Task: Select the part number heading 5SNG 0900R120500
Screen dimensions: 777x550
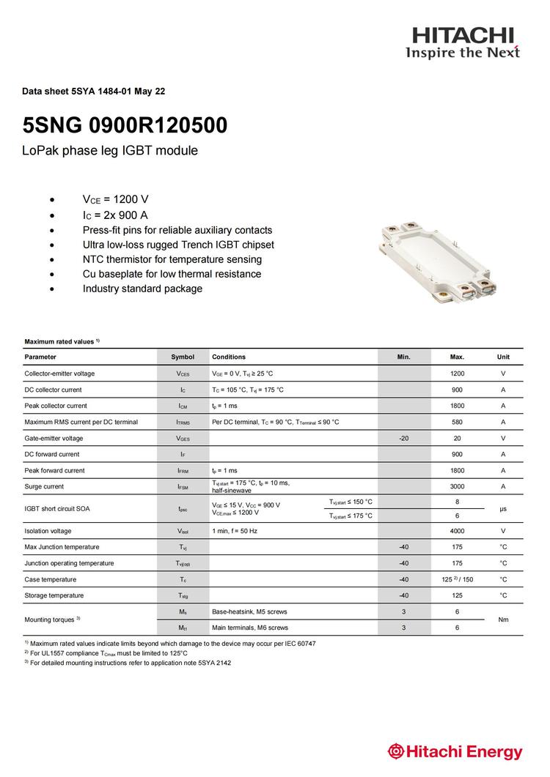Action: pos(125,125)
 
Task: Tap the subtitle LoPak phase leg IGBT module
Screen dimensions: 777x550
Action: pos(111,151)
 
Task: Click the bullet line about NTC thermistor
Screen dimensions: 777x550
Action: pos(172,259)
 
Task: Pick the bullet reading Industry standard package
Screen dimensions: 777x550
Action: pos(142,289)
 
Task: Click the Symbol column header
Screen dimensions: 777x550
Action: pos(183,357)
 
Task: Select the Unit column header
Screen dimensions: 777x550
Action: pos(503,357)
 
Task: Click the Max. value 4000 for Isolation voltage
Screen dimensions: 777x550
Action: pos(457,531)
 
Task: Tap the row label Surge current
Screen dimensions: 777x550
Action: pos(44,486)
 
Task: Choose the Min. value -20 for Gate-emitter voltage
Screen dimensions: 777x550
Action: pos(403,438)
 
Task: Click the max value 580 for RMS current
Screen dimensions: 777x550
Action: pos(457,422)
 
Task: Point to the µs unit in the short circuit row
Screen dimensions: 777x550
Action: pos(503,508)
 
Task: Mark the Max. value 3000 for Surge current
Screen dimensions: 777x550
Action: pos(457,486)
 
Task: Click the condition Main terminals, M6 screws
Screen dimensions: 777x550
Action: pos(250,628)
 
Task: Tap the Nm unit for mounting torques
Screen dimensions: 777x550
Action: pos(503,620)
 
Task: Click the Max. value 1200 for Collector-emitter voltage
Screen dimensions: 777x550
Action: pos(457,373)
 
